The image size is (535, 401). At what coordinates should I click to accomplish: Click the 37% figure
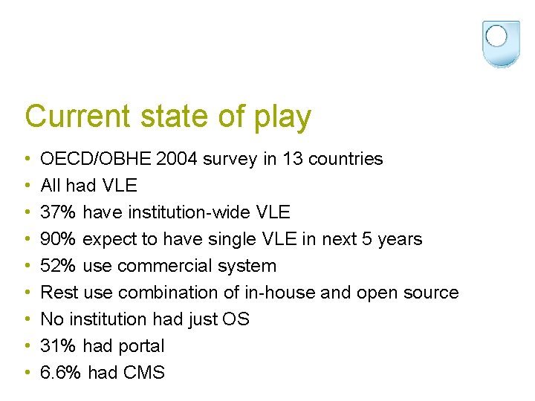pos(58,212)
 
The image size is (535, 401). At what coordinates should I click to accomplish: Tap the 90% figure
pos(58,239)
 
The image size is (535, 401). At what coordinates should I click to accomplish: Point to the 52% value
pos(58,266)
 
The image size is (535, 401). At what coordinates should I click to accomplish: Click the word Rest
pos(56,293)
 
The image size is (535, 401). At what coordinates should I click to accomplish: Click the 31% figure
pos(58,346)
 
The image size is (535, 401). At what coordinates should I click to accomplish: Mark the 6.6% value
pos(61,373)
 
